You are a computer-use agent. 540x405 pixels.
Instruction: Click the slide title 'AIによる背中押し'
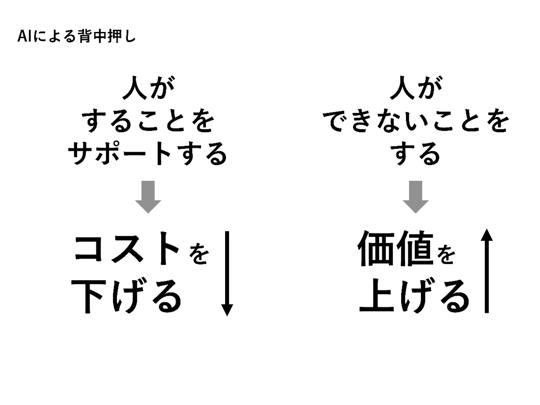77,37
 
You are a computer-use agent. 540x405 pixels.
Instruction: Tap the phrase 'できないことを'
418,121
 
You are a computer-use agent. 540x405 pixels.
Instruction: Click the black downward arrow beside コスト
226,274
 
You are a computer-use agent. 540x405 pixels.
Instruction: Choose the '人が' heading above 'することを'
148,89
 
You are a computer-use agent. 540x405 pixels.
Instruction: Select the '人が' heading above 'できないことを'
416,89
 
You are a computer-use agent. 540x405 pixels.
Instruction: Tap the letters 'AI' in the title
23,37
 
